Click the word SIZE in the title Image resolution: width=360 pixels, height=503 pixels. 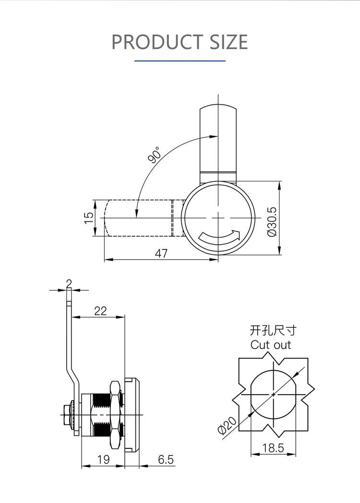point(228,42)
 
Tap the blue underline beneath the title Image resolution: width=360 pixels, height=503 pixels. point(180,61)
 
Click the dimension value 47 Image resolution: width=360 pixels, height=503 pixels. point(162,253)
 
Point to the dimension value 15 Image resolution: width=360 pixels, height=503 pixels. point(89,218)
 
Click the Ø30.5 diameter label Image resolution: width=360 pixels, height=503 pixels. point(272,221)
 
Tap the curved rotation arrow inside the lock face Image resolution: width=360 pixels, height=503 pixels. point(219,236)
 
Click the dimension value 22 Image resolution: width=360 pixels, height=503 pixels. point(100,311)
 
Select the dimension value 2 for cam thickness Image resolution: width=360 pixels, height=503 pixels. point(69,283)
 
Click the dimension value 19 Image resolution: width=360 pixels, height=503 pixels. point(103,459)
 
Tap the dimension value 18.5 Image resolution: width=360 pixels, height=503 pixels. point(274,448)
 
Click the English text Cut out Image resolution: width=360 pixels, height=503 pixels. point(271,345)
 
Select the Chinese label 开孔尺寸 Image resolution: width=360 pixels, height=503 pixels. point(273,330)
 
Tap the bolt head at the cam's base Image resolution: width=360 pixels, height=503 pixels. point(66,411)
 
